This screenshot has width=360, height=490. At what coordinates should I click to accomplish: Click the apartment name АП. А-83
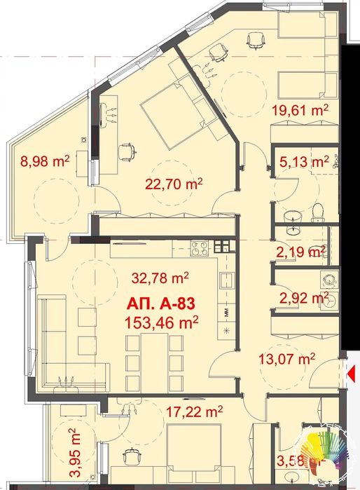161,304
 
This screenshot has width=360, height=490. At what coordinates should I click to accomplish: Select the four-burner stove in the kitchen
199,247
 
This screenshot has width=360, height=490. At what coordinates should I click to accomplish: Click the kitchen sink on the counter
226,280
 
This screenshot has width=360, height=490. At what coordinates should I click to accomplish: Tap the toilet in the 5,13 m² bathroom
317,210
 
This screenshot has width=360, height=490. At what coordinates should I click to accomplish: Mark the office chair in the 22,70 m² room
127,150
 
